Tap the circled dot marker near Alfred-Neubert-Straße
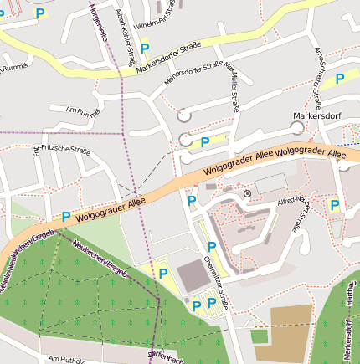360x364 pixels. click(x=247, y=193)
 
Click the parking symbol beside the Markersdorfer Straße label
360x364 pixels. click(x=146, y=48)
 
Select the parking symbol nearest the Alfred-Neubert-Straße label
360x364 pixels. click(x=335, y=205)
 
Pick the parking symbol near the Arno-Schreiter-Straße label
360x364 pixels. click(x=340, y=79)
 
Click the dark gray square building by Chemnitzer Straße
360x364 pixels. click(x=192, y=274)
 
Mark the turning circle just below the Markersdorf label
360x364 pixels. click(x=296, y=126)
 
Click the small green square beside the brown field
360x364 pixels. click(x=259, y=336)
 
